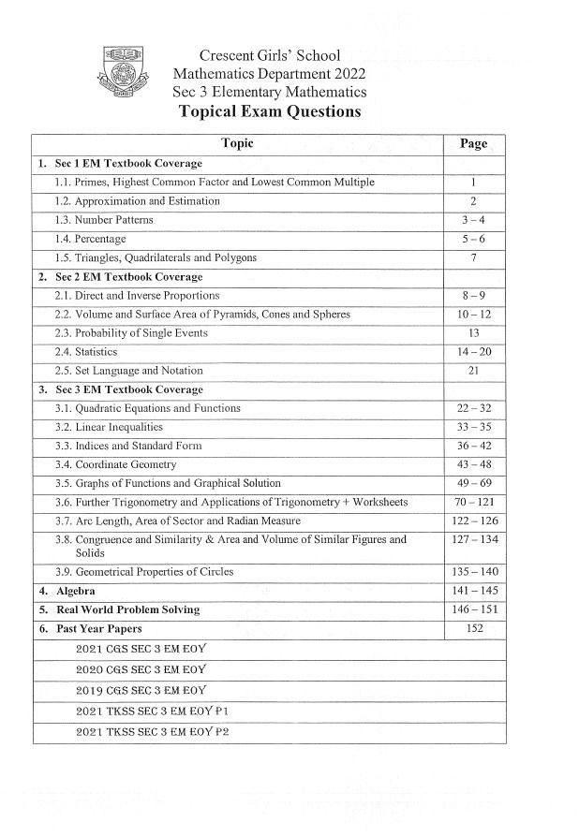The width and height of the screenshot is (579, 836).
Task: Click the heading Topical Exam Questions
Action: coord(269,111)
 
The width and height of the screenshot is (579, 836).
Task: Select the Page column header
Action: coord(474,144)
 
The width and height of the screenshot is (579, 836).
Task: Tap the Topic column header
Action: coord(237,144)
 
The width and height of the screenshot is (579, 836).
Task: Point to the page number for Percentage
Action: coord(474,239)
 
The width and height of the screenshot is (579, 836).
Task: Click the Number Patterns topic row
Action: coord(104,220)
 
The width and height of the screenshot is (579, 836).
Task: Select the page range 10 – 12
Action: coord(474,315)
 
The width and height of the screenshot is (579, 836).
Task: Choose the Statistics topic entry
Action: coord(86,352)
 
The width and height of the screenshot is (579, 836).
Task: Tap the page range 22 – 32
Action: coord(474,408)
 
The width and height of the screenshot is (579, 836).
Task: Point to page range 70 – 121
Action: coord(474,502)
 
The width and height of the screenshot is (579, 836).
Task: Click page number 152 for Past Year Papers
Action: coord(474,628)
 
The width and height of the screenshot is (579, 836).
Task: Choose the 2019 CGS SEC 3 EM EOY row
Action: coord(141,691)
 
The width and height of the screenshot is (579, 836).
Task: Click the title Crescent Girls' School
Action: coord(270,56)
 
